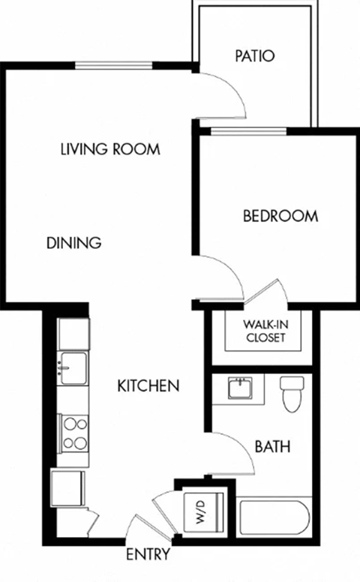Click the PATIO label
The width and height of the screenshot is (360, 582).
[254, 55]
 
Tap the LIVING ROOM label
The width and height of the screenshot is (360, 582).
[110, 148]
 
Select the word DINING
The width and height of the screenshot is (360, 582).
[73, 243]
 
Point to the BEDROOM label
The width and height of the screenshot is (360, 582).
[280, 216]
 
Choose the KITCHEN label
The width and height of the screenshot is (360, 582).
[148, 386]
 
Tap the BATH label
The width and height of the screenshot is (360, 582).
[273, 447]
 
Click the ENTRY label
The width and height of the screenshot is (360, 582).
[147, 555]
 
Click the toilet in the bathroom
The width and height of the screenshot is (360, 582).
[291, 393]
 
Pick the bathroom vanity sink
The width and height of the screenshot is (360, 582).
[240, 388]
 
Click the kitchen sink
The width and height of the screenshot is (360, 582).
[73, 367]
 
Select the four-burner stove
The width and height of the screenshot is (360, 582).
[74, 433]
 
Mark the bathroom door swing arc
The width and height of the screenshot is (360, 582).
[236, 454]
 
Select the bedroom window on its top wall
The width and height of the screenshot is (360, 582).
[248, 131]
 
